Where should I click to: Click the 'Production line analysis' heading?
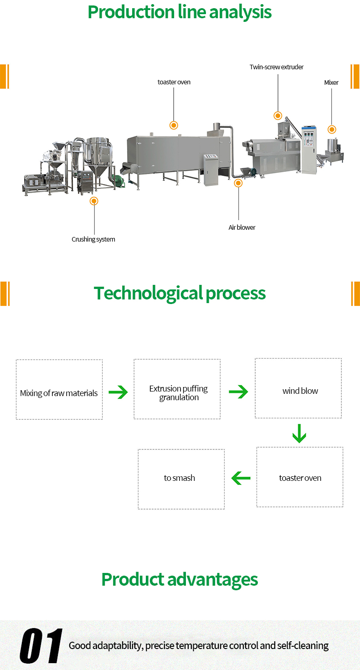pyautogui.click(x=180, y=12)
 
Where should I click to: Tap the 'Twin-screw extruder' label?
pyautogui.click(x=276, y=67)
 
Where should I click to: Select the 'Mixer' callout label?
pyautogui.click(x=331, y=82)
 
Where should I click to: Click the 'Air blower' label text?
pyautogui.click(x=242, y=227)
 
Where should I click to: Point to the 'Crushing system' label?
pyautogui.click(x=93, y=239)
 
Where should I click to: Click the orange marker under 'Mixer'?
pyautogui.click(x=332, y=129)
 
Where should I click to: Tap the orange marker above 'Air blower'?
pyautogui.click(x=238, y=183)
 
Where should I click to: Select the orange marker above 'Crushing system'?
pyautogui.click(x=94, y=201)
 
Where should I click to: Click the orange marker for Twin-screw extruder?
pyautogui.click(x=277, y=116)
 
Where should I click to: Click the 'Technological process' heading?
pyautogui.click(x=180, y=293)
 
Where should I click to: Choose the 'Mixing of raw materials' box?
pyautogui.click(x=59, y=390)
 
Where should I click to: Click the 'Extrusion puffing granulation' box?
pyautogui.click(x=177, y=389)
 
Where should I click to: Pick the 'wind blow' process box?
pyautogui.click(x=298, y=388)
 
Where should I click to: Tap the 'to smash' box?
pyautogui.click(x=181, y=479)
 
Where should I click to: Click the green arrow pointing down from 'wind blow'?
pyautogui.click(x=299, y=433)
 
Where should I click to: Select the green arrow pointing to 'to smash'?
pyautogui.click(x=241, y=479)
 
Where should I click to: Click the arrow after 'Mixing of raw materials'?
pyautogui.click(x=118, y=392)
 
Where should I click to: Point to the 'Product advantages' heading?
pyautogui.click(x=180, y=580)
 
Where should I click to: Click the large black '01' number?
pyautogui.click(x=41, y=646)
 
